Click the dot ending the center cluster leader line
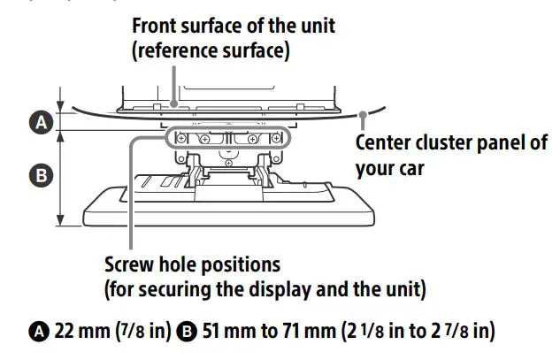click(364, 112)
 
